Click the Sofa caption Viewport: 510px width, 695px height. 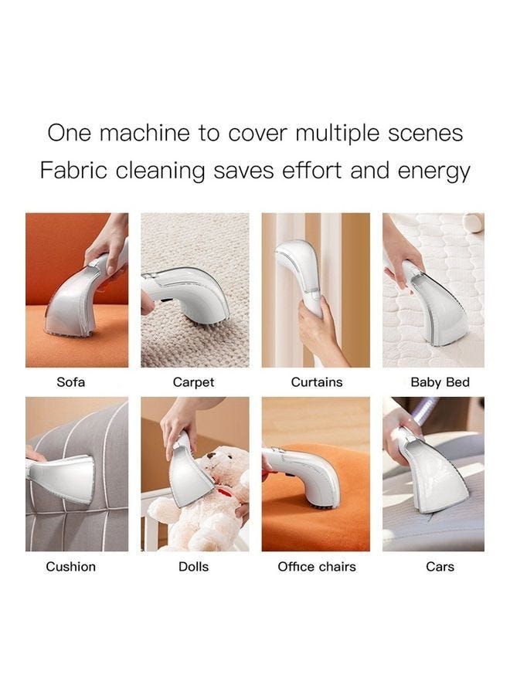(x=70, y=382)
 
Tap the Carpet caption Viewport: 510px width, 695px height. (x=193, y=382)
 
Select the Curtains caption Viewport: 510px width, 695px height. (x=317, y=382)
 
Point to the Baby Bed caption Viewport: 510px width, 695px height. (x=440, y=382)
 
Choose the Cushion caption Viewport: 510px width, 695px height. (x=70, y=567)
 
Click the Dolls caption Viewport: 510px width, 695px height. (x=193, y=567)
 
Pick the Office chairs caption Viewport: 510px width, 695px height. (x=317, y=567)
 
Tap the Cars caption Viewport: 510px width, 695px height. (x=440, y=567)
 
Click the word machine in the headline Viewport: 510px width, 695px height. (x=144, y=133)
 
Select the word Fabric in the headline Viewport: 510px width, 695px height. (x=73, y=170)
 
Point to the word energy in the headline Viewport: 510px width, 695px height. (x=433, y=172)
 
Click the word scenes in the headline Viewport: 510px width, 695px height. (x=425, y=134)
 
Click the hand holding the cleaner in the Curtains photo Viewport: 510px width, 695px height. (x=318, y=330)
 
